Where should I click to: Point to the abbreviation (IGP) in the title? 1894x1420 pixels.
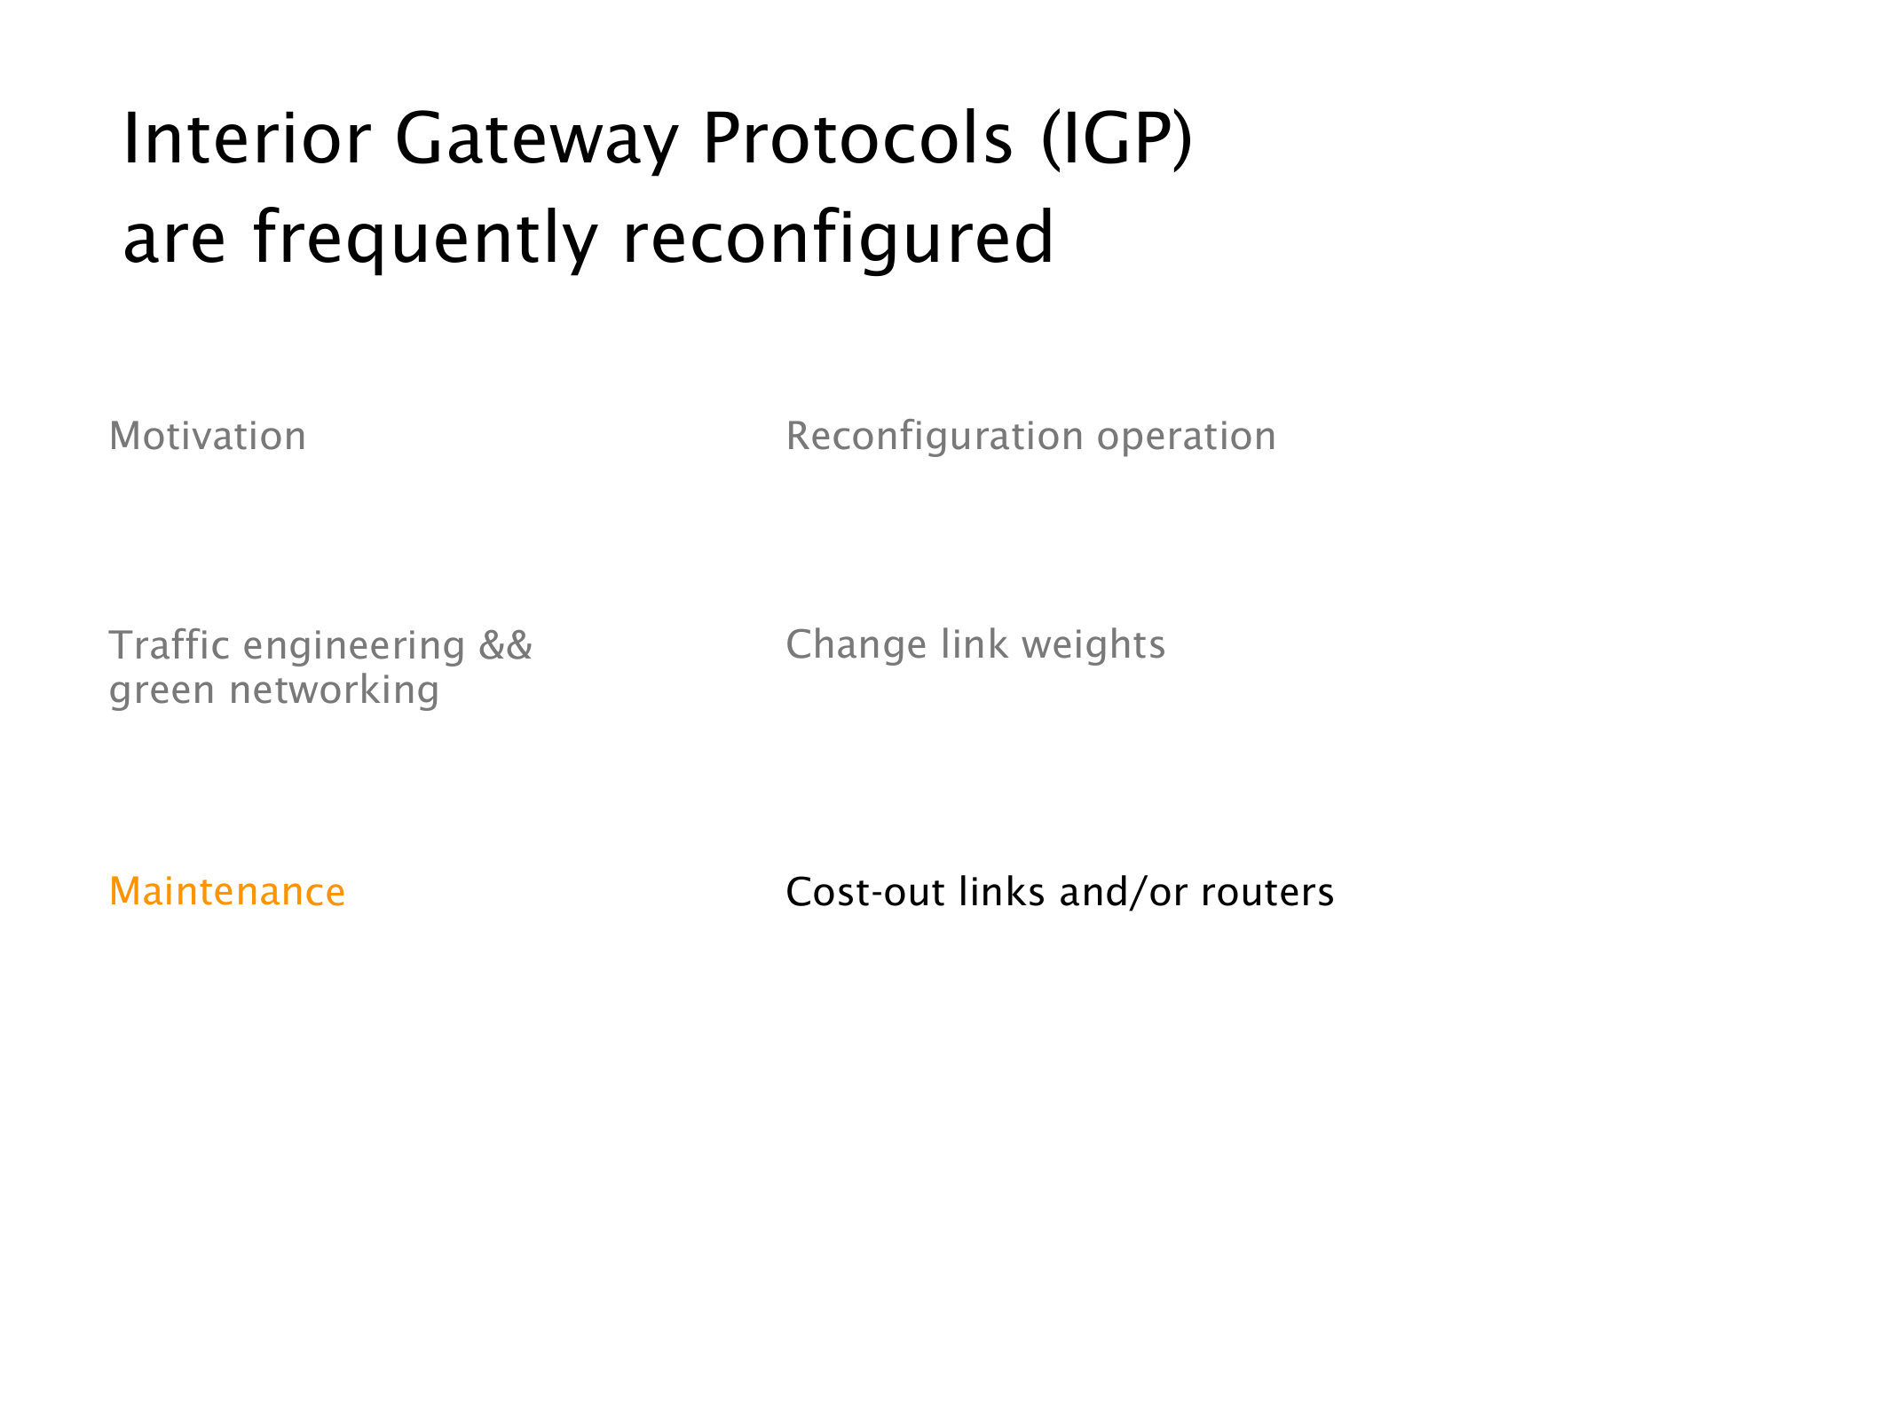1117,140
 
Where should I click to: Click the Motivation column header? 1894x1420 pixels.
208,437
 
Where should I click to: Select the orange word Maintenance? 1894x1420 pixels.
227,892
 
